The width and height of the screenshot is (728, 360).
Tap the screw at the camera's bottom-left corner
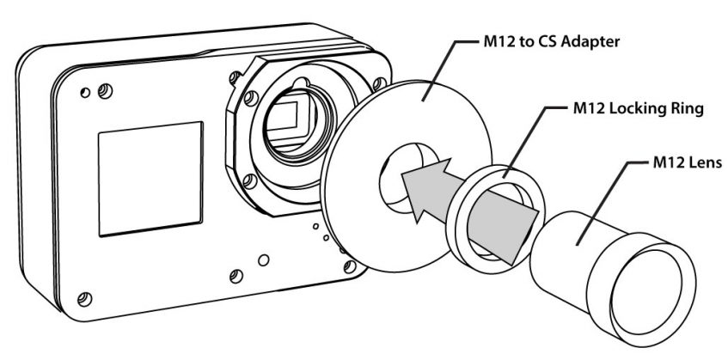coord(83,298)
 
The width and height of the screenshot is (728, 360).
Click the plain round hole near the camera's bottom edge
coord(266,259)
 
